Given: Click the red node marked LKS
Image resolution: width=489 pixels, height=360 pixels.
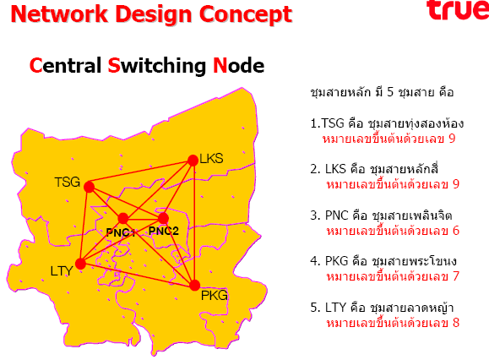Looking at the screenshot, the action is click(x=193, y=161).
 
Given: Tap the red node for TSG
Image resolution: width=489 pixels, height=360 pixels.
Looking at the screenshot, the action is click(x=89, y=187).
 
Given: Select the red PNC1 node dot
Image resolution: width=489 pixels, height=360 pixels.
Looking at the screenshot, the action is click(x=123, y=218).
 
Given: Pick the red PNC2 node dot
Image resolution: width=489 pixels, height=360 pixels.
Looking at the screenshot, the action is click(x=163, y=218).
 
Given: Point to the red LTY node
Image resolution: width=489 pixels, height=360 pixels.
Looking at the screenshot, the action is click(x=80, y=264).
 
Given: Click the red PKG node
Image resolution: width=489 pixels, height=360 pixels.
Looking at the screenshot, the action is click(x=194, y=285).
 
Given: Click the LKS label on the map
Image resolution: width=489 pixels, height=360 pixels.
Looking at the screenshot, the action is click(x=211, y=159).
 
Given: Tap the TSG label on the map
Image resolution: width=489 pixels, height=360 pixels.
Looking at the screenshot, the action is click(x=68, y=182).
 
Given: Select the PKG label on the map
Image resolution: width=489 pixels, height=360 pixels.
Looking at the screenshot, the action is click(x=215, y=296).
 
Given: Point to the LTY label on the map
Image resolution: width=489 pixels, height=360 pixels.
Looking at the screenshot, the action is click(x=62, y=271).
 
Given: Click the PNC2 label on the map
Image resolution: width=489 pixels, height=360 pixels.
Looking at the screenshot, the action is click(x=164, y=231).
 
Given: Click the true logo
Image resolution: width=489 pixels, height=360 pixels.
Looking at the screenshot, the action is click(x=458, y=10).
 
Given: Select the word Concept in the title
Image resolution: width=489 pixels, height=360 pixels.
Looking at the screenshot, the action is click(x=246, y=15).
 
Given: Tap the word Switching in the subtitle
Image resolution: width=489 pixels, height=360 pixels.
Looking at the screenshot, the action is click(x=157, y=66).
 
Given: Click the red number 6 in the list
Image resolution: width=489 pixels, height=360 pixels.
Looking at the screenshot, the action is click(x=455, y=231).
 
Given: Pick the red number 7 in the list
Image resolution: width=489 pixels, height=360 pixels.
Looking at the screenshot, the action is click(x=455, y=276).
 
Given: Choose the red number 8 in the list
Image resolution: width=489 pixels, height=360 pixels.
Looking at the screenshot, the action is click(x=455, y=323).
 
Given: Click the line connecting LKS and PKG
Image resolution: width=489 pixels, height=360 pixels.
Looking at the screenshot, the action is click(x=194, y=223).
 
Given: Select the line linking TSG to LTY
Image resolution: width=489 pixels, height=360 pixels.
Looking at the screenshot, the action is click(x=84, y=226).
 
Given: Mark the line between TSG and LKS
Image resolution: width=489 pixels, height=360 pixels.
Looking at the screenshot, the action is click(x=141, y=173).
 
